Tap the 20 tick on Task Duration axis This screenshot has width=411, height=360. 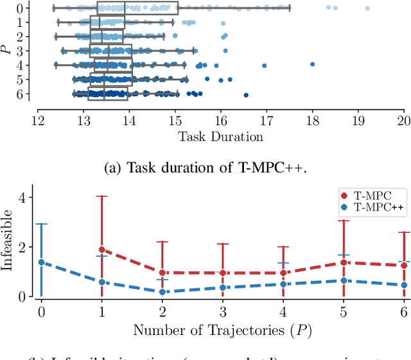tap(403, 120)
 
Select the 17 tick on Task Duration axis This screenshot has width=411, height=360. tap(267, 120)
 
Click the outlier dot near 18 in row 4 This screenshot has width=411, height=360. tap(313, 64)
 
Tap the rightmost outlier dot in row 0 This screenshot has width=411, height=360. tap(367, 8)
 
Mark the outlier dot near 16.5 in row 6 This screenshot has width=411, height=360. tap(246, 96)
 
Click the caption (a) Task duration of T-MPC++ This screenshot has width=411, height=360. tap(205, 169)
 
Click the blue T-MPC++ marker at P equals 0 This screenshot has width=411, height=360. tap(42, 262)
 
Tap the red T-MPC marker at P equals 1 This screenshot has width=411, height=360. tap(101, 250)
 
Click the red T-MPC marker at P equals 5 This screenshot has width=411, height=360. tap(344, 262)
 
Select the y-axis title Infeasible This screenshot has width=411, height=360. tap(8, 246)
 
